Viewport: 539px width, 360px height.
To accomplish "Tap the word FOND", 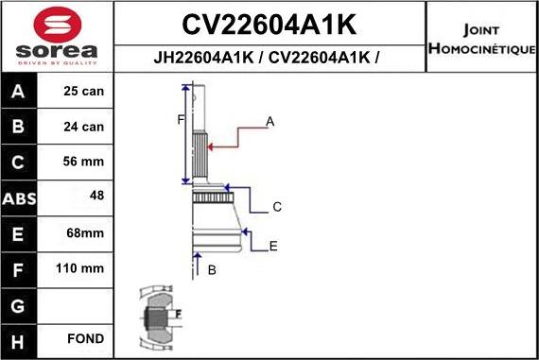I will [85, 338].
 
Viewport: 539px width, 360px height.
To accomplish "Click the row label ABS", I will [20, 198].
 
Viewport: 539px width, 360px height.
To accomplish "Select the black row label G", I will [20, 304].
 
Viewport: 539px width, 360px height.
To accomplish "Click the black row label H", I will [20, 339].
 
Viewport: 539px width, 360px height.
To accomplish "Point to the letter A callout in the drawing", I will [269, 122].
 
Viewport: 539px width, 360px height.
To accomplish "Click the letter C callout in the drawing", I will [277, 207].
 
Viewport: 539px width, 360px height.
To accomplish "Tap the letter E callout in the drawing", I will [272, 247].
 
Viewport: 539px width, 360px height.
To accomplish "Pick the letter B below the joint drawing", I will [212, 270].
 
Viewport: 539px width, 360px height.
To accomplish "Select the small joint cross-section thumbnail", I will [156, 315].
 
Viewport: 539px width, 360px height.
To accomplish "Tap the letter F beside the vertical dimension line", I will [180, 119].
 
